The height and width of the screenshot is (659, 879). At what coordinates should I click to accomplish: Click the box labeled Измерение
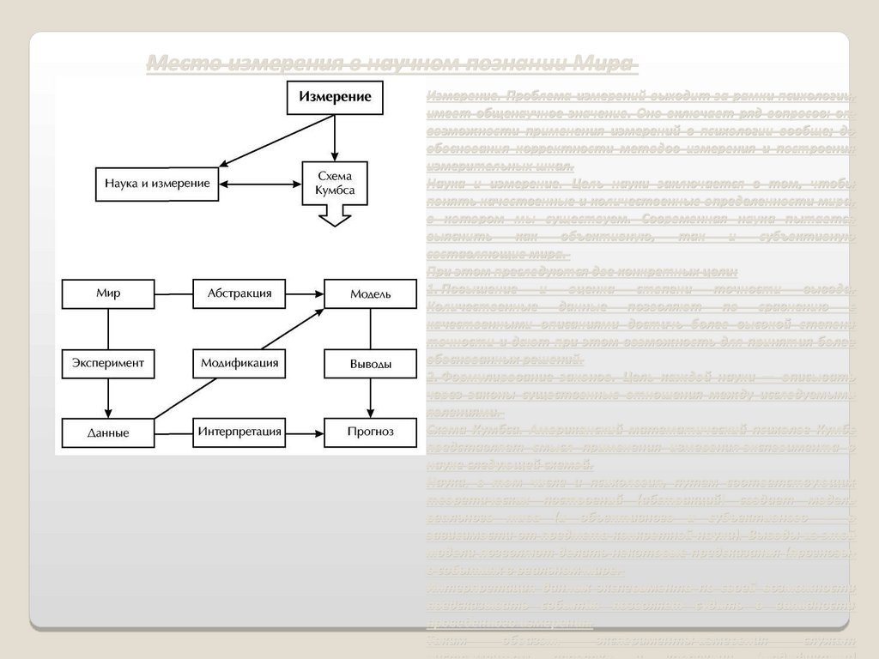click(335, 98)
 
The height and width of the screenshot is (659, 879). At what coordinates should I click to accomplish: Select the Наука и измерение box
click(157, 184)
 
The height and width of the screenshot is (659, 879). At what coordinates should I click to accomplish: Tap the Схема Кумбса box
click(335, 183)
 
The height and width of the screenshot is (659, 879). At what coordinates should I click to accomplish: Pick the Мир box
click(108, 293)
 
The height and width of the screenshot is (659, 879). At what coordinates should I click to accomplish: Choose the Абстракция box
click(239, 293)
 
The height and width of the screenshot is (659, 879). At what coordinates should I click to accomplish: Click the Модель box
click(370, 294)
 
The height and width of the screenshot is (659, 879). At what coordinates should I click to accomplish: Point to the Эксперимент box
click(108, 363)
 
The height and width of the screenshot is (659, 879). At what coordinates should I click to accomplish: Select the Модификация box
click(239, 363)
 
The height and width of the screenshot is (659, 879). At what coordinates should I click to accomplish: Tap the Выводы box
click(370, 364)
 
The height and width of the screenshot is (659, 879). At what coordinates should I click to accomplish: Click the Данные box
click(108, 432)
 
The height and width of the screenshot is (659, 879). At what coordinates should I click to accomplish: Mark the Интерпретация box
click(239, 432)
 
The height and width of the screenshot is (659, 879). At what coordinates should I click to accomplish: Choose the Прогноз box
click(370, 432)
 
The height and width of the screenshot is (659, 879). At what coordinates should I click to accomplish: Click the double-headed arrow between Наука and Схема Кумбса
click(261, 184)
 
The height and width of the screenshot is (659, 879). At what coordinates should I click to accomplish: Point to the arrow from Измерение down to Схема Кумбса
click(335, 137)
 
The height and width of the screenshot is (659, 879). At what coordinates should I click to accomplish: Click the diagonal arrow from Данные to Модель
click(240, 363)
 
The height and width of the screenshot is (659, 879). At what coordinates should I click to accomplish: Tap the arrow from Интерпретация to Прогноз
click(305, 432)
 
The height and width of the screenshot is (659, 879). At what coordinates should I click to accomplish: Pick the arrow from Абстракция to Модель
click(305, 294)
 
